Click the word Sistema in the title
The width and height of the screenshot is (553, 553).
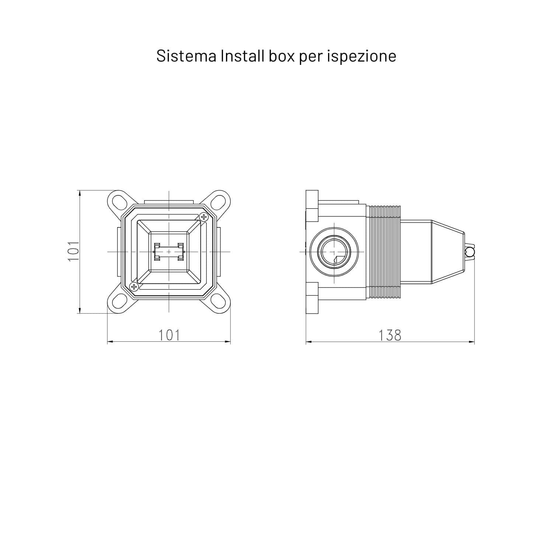(x=186, y=56)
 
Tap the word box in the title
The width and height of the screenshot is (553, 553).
(x=282, y=56)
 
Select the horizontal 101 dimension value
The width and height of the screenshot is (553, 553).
(x=169, y=335)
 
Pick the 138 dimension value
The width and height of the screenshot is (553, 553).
(x=390, y=335)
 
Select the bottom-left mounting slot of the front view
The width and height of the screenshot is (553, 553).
(x=120, y=301)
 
